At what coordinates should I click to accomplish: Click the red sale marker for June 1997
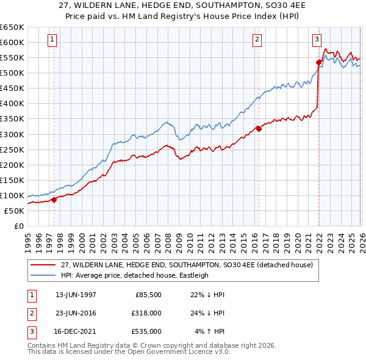54,199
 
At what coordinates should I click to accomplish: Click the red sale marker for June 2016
259,128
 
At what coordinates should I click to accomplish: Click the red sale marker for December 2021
318,62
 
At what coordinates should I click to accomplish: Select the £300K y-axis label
12,134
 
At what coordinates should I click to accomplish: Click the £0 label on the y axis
18,226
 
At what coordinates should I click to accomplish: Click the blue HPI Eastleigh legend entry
135,275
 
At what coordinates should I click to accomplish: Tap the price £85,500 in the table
147,294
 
